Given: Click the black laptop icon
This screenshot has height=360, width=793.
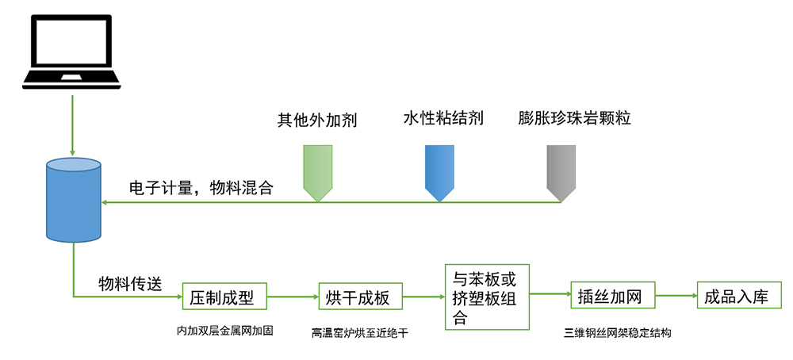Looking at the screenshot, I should tap(73, 51).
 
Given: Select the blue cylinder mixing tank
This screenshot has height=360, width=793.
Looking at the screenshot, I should tap(74, 199).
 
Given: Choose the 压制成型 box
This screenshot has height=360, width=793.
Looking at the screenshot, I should tap(224, 298).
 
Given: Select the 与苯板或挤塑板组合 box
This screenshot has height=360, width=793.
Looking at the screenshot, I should tap(486, 298).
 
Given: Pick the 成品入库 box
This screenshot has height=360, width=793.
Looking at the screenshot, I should tap(738, 297).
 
